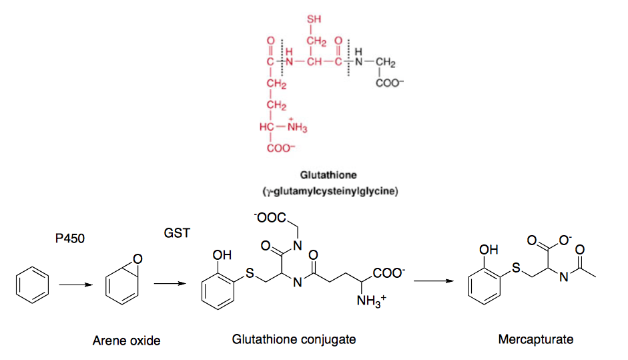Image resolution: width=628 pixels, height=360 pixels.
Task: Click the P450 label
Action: point(70,238)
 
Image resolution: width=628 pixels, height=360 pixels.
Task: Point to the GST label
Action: point(177,233)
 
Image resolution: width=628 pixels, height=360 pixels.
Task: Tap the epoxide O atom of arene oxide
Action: point(137,258)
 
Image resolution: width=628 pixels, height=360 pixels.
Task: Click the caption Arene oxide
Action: point(127,341)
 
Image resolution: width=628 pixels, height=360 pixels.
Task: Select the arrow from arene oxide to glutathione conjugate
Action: point(168,285)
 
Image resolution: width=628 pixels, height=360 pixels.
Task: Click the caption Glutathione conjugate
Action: point(294,339)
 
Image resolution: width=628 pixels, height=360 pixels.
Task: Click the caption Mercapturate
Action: point(535,339)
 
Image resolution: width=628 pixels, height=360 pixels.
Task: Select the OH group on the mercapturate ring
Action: point(489,250)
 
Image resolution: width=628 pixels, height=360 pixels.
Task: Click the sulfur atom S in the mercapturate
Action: point(516,268)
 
